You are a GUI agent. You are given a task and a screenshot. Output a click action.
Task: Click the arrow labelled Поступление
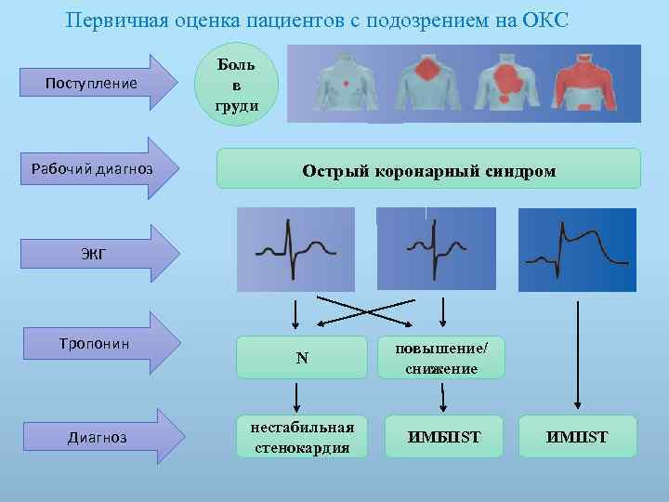tap(102, 84)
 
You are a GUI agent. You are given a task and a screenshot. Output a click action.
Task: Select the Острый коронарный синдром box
tap(428, 170)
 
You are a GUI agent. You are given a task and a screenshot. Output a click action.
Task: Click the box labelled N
tap(301, 358)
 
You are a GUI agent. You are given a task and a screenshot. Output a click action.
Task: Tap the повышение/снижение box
tap(441, 358)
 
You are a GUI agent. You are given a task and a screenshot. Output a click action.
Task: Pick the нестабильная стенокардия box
tap(301, 436)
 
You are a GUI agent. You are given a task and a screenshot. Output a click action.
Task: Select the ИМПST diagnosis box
tap(578, 436)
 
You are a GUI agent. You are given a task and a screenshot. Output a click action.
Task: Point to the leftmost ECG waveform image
tap(295, 249)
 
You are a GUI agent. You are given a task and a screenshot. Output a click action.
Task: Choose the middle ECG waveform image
tap(436, 249)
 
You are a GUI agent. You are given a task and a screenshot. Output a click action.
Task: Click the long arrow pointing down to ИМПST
tap(578, 353)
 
